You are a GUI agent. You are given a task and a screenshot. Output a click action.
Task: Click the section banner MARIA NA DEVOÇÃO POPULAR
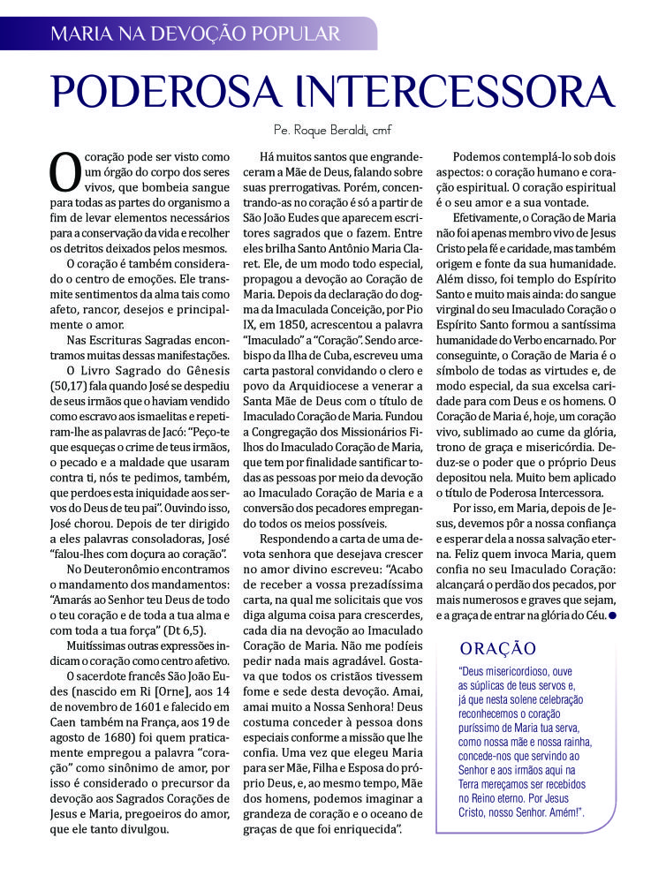pyautogui.click(x=195, y=34)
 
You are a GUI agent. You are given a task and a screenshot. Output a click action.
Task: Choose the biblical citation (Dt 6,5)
pyautogui.click(x=185, y=629)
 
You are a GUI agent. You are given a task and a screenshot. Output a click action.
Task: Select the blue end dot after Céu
pyautogui.click(x=611, y=615)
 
